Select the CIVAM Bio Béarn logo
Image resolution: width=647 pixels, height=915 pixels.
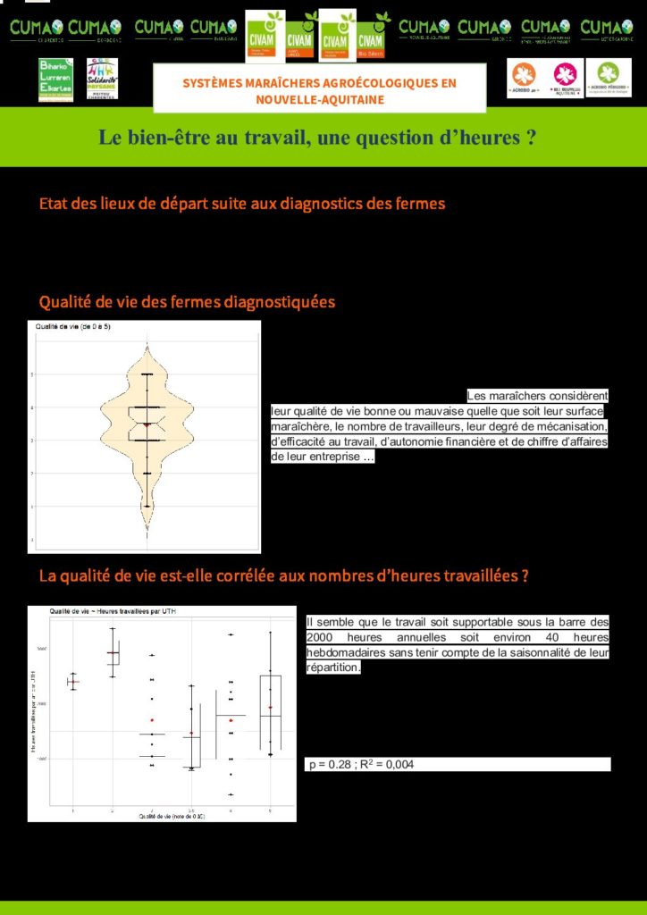[x=371, y=34]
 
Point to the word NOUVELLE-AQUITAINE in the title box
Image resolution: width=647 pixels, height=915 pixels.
[x=320, y=99]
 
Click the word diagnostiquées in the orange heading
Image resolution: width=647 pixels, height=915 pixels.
[x=281, y=302]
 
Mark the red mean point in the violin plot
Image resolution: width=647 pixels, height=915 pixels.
[x=147, y=424]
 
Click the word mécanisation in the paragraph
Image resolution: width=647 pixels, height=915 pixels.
[x=564, y=426]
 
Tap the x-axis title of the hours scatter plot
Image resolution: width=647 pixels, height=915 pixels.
[x=172, y=816]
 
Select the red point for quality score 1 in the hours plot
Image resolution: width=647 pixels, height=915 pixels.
[x=72, y=682]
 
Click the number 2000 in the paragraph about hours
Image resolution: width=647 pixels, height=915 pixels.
[x=323, y=637]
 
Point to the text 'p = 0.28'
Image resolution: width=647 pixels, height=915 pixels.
[x=328, y=765]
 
